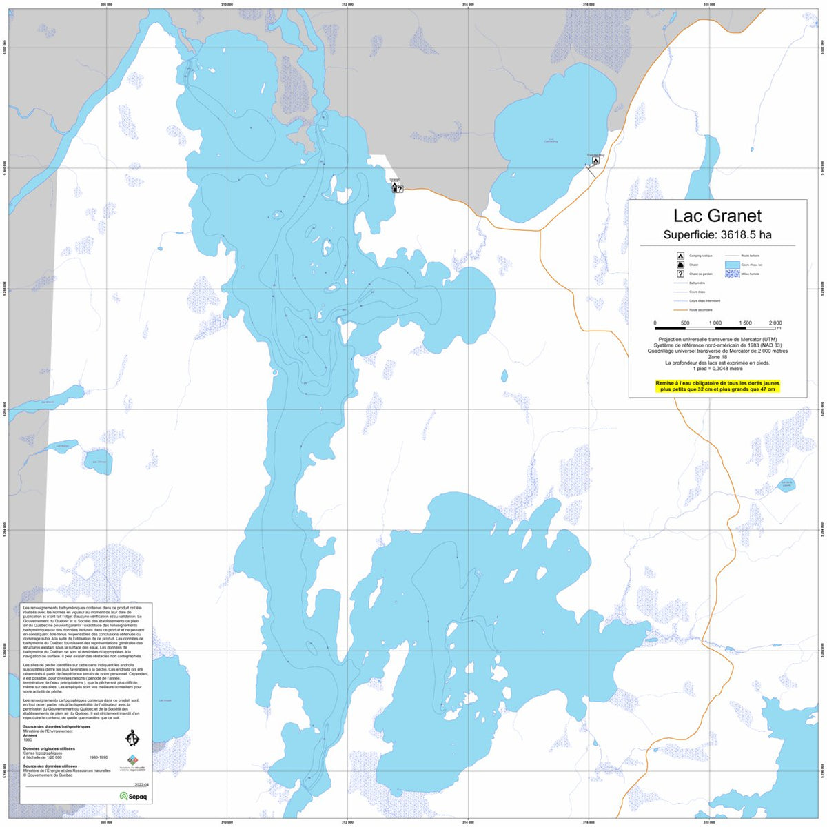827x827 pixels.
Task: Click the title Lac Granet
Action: (x=717, y=216)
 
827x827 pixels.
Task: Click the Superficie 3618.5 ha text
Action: (x=717, y=235)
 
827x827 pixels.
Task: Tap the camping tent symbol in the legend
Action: (x=680, y=255)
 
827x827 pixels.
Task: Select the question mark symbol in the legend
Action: (x=680, y=274)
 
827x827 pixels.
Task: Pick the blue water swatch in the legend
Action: (x=731, y=264)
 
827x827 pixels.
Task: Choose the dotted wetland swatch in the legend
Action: (x=731, y=274)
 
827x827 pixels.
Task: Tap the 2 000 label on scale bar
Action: (x=775, y=323)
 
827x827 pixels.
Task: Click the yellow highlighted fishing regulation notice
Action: (x=717, y=386)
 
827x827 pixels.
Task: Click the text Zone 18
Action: (x=717, y=356)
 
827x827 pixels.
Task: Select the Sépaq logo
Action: (x=133, y=795)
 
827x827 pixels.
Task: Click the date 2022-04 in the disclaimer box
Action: (x=141, y=784)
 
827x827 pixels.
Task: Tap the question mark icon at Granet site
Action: (x=400, y=189)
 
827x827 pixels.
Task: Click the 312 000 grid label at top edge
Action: (x=347, y=4)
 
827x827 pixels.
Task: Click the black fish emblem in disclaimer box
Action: (x=132, y=738)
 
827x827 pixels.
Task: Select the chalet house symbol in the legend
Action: (x=680, y=265)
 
